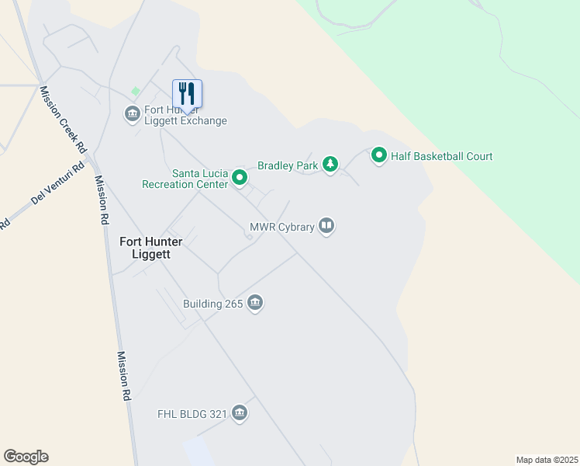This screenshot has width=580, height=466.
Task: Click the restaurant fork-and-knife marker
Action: pyautogui.click(x=187, y=93)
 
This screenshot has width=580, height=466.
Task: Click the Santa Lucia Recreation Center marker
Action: pyautogui.click(x=240, y=179)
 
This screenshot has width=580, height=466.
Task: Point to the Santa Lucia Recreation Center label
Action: pyautogui.click(x=185, y=179)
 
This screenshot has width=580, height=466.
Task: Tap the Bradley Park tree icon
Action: pyautogui.click(x=330, y=165)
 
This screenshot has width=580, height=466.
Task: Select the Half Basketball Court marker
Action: pyautogui.click(x=379, y=156)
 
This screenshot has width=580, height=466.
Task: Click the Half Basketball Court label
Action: pyautogui.click(x=441, y=156)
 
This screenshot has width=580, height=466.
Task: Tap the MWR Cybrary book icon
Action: pyautogui.click(x=326, y=227)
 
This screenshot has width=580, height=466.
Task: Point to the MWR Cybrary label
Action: pyautogui.click(x=281, y=227)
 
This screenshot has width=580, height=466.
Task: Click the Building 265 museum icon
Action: pyautogui.click(x=255, y=304)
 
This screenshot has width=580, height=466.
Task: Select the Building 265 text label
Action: pyautogui.click(x=213, y=304)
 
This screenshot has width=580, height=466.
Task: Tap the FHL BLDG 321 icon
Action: pyautogui.click(x=239, y=413)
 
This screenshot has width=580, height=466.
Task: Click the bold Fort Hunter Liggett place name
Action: pyautogui.click(x=151, y=248)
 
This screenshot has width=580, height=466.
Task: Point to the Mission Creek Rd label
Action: pyautogui.click(x=64, y=119)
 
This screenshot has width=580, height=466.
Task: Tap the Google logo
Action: pyautogui.click(x=26, y=457)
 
